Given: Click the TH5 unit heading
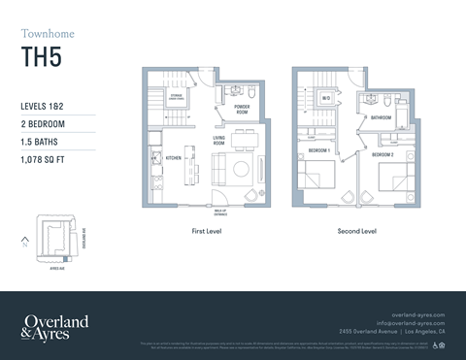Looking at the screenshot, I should (40, 57).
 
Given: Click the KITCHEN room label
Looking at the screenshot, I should (174, 157).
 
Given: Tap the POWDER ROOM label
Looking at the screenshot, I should (243, 110).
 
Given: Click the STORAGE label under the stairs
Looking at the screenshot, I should (176, 97).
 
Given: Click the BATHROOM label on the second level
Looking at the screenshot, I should (381, 118).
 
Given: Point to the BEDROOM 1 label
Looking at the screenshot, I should (319, 152).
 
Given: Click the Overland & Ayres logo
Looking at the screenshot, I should (54, 326).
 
